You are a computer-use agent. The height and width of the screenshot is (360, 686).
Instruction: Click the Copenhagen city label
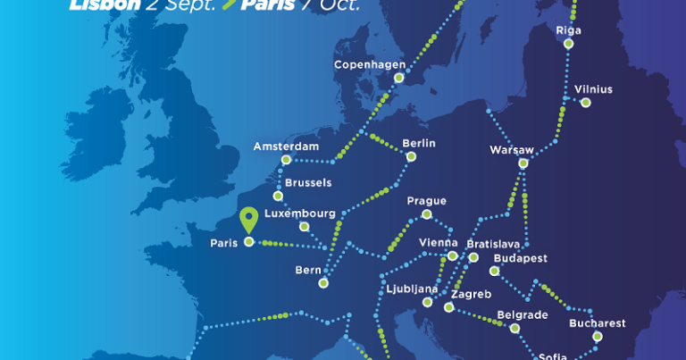point(370,65)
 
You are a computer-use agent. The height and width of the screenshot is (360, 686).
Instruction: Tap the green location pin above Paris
point(250,218)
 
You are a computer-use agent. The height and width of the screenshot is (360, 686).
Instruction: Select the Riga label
point(568,30)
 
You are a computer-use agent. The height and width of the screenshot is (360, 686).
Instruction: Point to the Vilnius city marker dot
point(585,103)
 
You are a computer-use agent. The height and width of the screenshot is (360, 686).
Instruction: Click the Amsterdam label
point(286,147)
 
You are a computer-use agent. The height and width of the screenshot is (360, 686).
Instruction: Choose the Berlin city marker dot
point(411,157)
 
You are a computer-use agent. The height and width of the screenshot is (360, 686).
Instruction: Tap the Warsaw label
point(512,149)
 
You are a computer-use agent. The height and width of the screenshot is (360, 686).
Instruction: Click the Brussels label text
point(308,182)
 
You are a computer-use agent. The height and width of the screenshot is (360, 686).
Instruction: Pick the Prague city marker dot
point(427,214)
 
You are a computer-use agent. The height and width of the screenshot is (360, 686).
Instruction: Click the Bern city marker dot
point(323,283)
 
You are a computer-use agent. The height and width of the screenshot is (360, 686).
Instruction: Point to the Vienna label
point(438,243)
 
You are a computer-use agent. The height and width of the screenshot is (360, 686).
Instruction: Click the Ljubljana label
point(412,289)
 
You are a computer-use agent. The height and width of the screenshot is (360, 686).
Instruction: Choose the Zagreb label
point(472,294)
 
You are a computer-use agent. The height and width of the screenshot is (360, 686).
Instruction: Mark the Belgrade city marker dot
point(514,328)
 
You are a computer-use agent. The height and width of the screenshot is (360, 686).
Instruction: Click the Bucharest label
point(597,323)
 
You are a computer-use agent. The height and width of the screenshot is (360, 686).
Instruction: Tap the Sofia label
point(552,356)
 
